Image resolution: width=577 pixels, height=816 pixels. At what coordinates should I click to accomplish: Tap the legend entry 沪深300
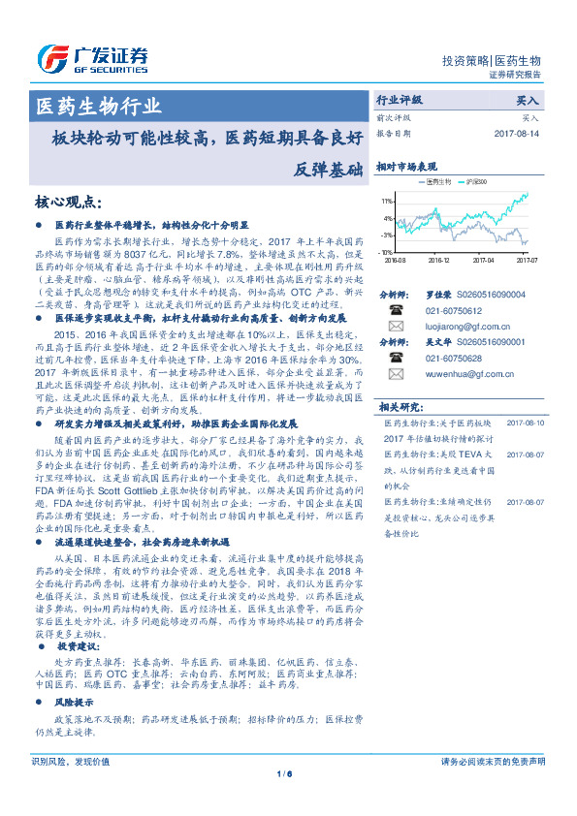[477, 182]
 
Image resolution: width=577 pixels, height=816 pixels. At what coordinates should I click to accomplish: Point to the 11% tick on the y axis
[387, 201]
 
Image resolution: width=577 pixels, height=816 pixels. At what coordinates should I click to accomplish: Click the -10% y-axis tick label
[386, 252]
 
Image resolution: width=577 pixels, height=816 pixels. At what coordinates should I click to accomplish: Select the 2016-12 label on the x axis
[438, 260]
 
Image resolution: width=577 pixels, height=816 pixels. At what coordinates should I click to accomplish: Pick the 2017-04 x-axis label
[483, 260]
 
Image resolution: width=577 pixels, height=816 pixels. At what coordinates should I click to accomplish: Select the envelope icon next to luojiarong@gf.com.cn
[396, 328]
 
